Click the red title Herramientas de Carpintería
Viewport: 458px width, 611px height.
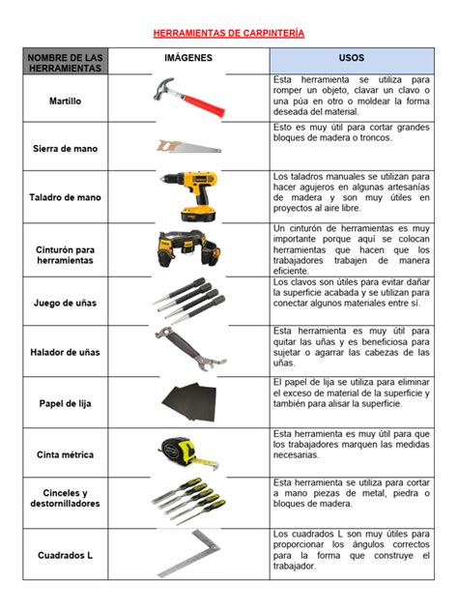(x=229, y=33)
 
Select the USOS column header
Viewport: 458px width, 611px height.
(x=352, y=58)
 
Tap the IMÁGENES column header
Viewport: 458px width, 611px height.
(x=188, y=58)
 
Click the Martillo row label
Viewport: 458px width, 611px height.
(x=65, y=101)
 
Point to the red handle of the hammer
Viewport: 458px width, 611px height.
(x=205, y=104)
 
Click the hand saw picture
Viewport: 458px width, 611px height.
(x=188, y=147)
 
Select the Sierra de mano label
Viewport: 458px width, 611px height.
(x=65, y=149)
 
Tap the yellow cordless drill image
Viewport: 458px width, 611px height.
(x=189, y=196)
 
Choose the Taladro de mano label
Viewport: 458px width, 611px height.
(x=65, y=197)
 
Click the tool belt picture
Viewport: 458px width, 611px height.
(x=188, y=249)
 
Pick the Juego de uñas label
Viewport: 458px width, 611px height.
(x=65, y=303)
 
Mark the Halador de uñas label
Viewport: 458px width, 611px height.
(x=65, y=352)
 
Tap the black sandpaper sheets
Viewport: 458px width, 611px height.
(x=189, y=402)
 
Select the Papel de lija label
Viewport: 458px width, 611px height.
(x=65, y=403)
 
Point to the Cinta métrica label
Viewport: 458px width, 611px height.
(x=65, y=454)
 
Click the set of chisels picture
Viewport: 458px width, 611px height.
(x=188, y=500)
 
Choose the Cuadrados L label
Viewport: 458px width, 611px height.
(x=65, y=555)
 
